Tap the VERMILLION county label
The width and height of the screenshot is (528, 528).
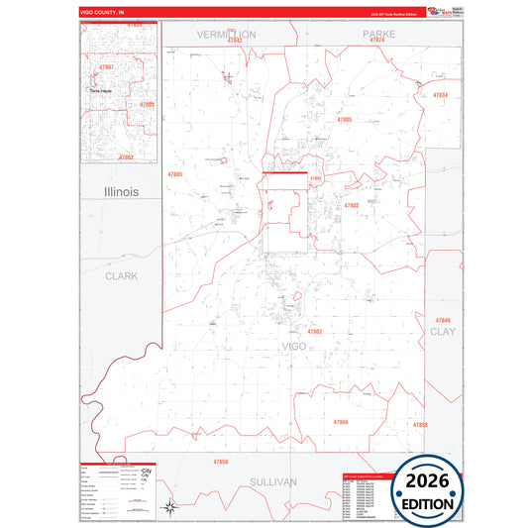click(x=226, y=35)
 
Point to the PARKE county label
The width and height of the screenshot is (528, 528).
click(x=378, y=34)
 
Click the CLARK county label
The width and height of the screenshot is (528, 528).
click(x=121, y=276)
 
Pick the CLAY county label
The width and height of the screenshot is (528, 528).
click(x=441, y=332)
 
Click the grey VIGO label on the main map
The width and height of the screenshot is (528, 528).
click(x=294, y=346)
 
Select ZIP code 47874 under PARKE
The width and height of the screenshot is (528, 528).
click(x=375, y=42)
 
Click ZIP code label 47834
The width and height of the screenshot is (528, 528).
click(x=440, y=95)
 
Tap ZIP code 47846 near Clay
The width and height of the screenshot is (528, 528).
click(x=442, y=321)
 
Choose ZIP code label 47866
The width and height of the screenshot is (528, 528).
click(x=341, y=423)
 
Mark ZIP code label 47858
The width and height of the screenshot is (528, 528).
click(x=420, y=425)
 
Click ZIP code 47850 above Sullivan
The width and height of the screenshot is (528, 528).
click(x=220, y=463)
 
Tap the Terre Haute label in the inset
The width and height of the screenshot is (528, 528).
click(x=102, y=90)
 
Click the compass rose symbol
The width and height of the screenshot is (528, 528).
click(x=171, y=507)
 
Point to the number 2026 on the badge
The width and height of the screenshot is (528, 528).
click(x=429, y=480)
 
